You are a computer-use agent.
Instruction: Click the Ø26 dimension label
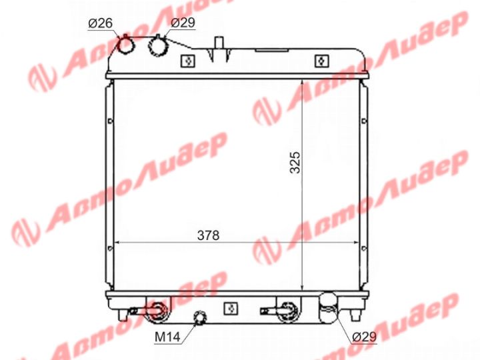click(x=101, y=23)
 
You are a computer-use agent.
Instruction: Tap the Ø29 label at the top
click(x=183, y=23)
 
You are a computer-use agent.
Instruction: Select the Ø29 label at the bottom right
click(x=364, y=337)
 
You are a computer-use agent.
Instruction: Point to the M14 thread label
click(x=167, y=337)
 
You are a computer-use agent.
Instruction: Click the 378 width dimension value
click(x=208, y=235)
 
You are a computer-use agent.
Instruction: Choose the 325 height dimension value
click(x=295, y=162)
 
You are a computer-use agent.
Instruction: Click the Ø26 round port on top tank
click(x=126, y=45)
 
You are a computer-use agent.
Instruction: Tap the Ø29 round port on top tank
click(x=158, y=46)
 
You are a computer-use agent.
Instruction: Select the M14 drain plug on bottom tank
click(x=200, y=317)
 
